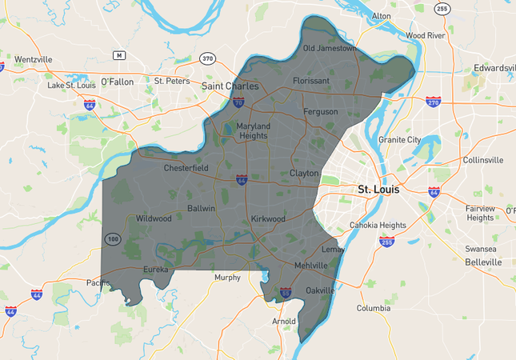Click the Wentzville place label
coord(33,59)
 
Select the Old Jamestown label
coord(330,48)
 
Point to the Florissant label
coord(311,81)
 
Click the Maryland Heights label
coord(253,130)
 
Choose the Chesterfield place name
coord(186,168)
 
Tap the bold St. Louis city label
coord(378,190)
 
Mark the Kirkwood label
coord(268,218)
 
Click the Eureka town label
coord(155,270)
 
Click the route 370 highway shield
coord(207,58)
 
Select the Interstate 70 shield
coord(238,102)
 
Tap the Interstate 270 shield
coord(434,102)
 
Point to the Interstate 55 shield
coord(286,293)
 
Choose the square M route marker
coord(119,55)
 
